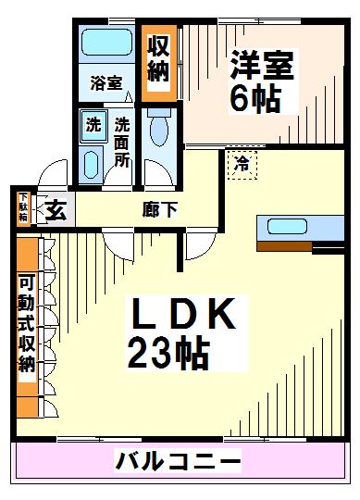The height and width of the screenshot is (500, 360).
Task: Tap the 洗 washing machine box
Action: (93, 125)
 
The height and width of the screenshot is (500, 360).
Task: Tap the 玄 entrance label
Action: (56, 210)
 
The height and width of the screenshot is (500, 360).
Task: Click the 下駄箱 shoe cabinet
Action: (23, 207)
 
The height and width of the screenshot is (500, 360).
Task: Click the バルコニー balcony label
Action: (179, 460)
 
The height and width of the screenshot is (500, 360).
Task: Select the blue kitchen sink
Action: (292, 227)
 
